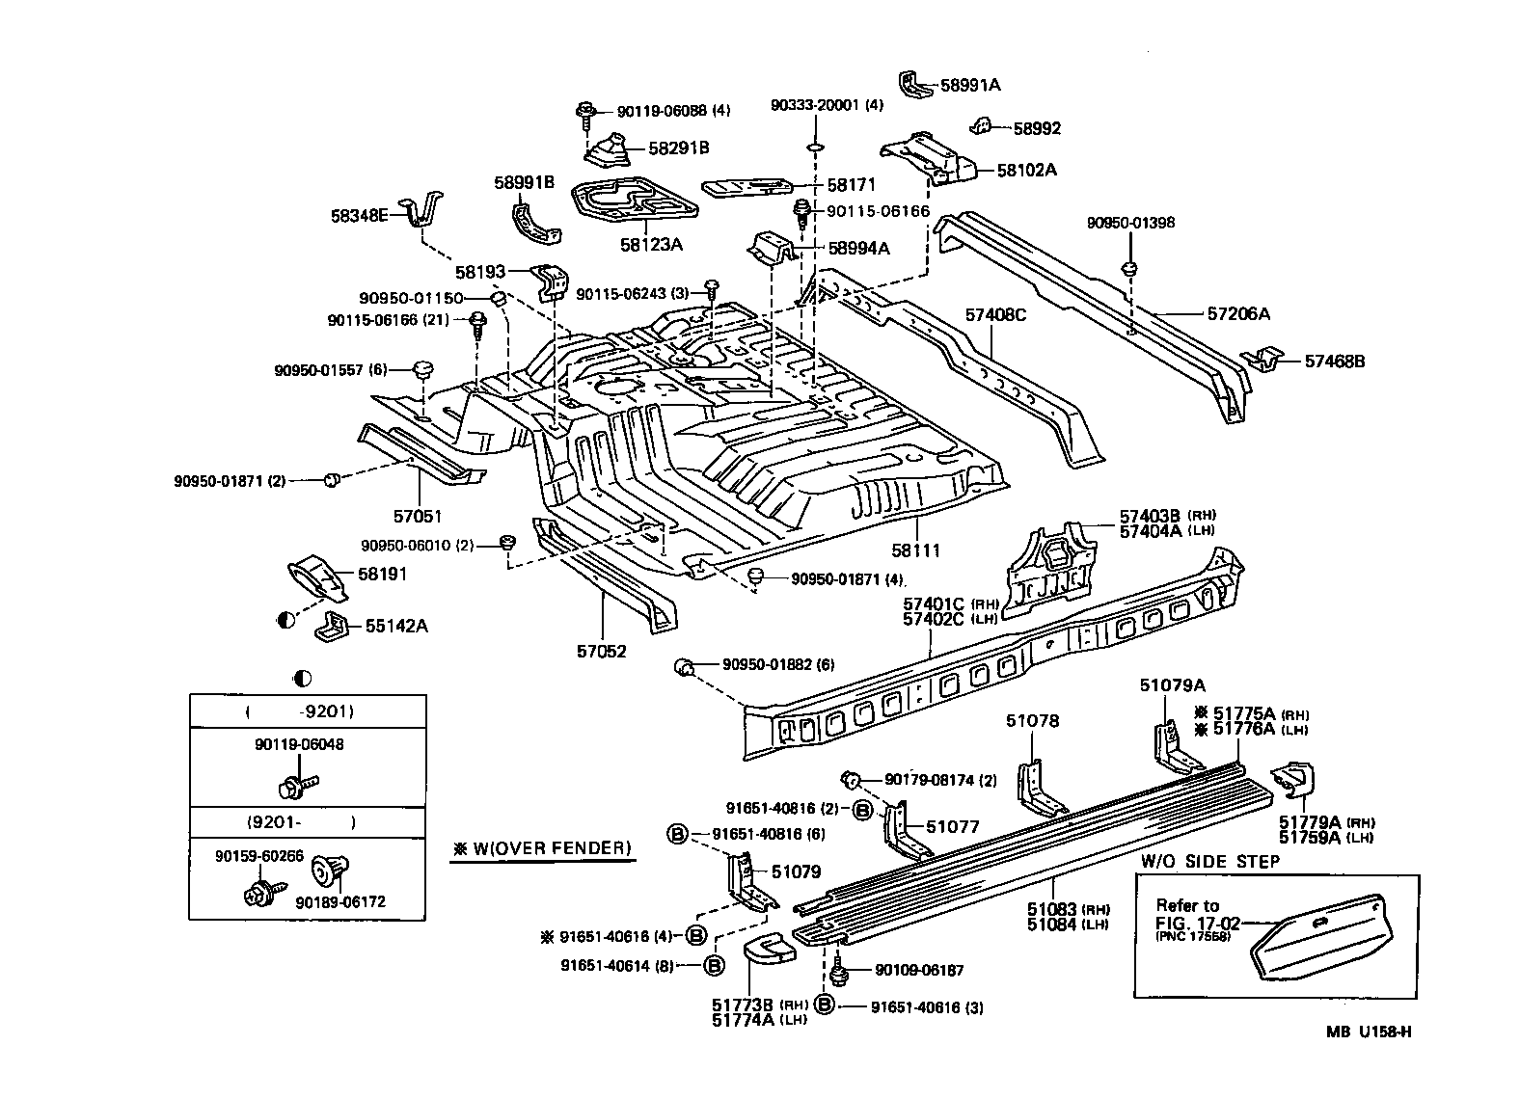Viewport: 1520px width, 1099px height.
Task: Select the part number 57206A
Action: (1238, 313)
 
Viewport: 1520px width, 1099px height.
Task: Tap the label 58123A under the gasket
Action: (651, 245)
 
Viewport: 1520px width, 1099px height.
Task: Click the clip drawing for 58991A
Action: (912, 85)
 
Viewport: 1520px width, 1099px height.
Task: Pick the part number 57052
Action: (602, 651)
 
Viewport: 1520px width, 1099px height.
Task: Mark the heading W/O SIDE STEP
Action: (1210, 861)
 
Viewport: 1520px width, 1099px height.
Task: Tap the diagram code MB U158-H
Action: (1368, 1032)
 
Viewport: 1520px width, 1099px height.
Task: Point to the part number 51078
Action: (1032, 720)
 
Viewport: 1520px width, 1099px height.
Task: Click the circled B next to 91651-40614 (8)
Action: (713, 964)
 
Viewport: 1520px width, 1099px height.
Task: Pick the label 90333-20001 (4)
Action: (827, 104)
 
